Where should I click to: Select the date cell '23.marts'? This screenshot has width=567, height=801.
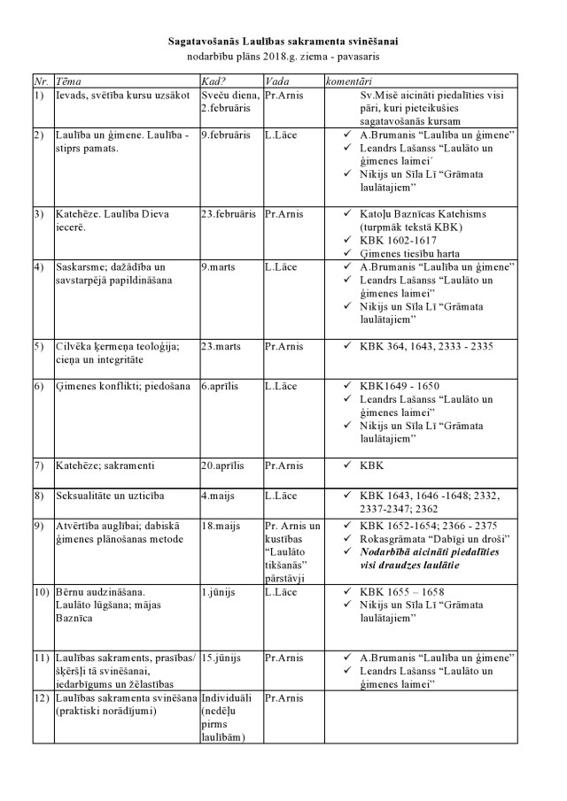click(220, 347)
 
